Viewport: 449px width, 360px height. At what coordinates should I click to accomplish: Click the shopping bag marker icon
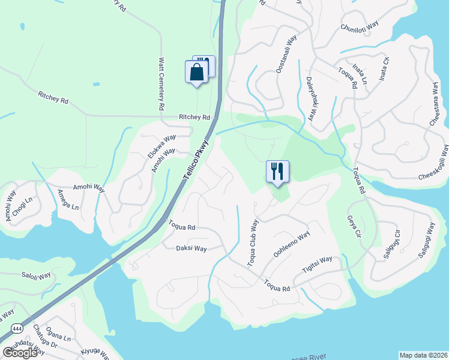point(196,73)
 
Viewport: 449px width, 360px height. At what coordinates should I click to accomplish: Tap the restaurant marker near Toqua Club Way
point(277,172)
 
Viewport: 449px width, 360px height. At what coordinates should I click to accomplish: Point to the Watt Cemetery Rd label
point(161,84)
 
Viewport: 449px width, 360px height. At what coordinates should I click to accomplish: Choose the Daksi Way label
point(191,248)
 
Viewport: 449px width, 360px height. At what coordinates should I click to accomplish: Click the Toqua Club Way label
point(253,244)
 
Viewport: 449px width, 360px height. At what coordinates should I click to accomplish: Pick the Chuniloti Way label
point(359,27)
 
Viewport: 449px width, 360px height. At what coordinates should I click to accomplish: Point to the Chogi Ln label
point(23,205)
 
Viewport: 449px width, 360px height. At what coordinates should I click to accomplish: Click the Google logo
point(20,353)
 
